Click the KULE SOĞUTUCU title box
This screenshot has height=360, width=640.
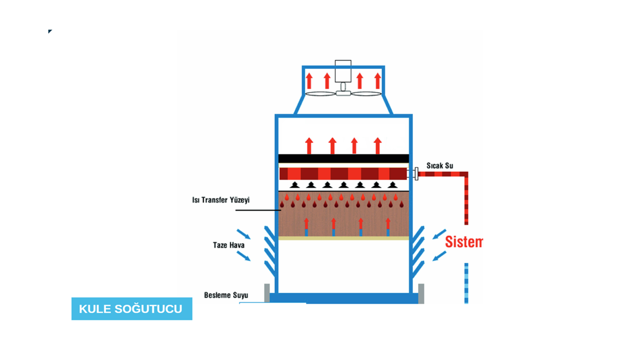(132, 309)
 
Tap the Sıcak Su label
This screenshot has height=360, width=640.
(440, 166)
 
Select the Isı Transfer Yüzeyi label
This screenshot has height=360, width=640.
(221, 200)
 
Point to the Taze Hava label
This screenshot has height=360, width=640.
(229, 245)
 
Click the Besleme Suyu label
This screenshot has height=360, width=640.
(226, 295)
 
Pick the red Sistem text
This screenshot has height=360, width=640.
(464, 242)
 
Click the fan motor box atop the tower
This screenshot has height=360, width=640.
(343, 71)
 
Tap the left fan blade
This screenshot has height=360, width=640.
(320, 94)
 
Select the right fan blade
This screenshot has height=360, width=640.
(366, 94)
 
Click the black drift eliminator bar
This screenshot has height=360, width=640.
(343, 158)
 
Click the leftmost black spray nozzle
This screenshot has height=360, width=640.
(294, 185)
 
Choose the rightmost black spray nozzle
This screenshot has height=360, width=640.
(393, 185)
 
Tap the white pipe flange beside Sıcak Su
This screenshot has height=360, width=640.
(416, 174)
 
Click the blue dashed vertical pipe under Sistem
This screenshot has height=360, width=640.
(466, 283)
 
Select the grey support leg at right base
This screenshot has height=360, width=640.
(421, 293)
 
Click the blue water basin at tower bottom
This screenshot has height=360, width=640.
(343, 298)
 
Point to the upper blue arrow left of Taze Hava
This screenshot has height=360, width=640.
(244, 234)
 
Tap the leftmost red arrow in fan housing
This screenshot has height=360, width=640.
(309, 81)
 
